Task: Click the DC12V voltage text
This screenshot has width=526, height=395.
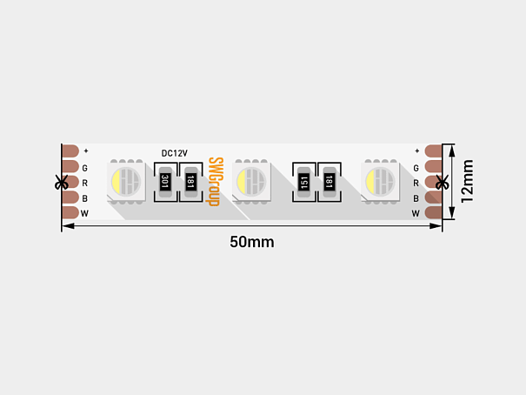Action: [175, 153]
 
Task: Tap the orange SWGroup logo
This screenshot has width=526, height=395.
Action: [215, 182]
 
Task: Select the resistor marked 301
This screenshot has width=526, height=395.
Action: [165, 182]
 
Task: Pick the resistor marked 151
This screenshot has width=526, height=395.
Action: [304, 182]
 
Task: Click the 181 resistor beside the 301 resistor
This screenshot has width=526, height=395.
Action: [190, 182]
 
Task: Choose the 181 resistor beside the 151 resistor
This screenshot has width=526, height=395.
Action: [330, 182]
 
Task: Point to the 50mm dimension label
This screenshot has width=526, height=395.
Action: [251, 242]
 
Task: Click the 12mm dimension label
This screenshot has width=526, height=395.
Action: [467, 181]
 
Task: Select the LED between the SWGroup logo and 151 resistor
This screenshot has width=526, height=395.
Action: [251, 182]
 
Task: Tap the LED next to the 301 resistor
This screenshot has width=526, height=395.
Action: [126, 182]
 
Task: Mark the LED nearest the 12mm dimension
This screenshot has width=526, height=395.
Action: [381, 182]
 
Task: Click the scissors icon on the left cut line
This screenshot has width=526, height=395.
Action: [62, 182]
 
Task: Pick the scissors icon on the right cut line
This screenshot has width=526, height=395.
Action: [443, 182]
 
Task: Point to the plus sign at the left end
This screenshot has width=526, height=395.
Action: [86, 151]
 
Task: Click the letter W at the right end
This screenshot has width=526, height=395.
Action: [416, 213]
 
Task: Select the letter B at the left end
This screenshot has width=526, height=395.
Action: [85, 198]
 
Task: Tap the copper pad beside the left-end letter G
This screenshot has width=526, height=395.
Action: [70, 166]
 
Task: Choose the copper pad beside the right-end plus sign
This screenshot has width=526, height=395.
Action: [434, 151]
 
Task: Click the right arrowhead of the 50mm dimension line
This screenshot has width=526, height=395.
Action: [436, 226]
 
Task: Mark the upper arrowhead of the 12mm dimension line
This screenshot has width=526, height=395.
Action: [452, 151]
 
